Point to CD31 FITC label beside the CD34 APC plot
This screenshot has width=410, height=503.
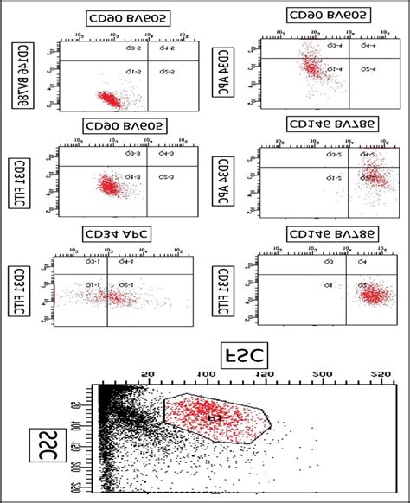18,290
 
